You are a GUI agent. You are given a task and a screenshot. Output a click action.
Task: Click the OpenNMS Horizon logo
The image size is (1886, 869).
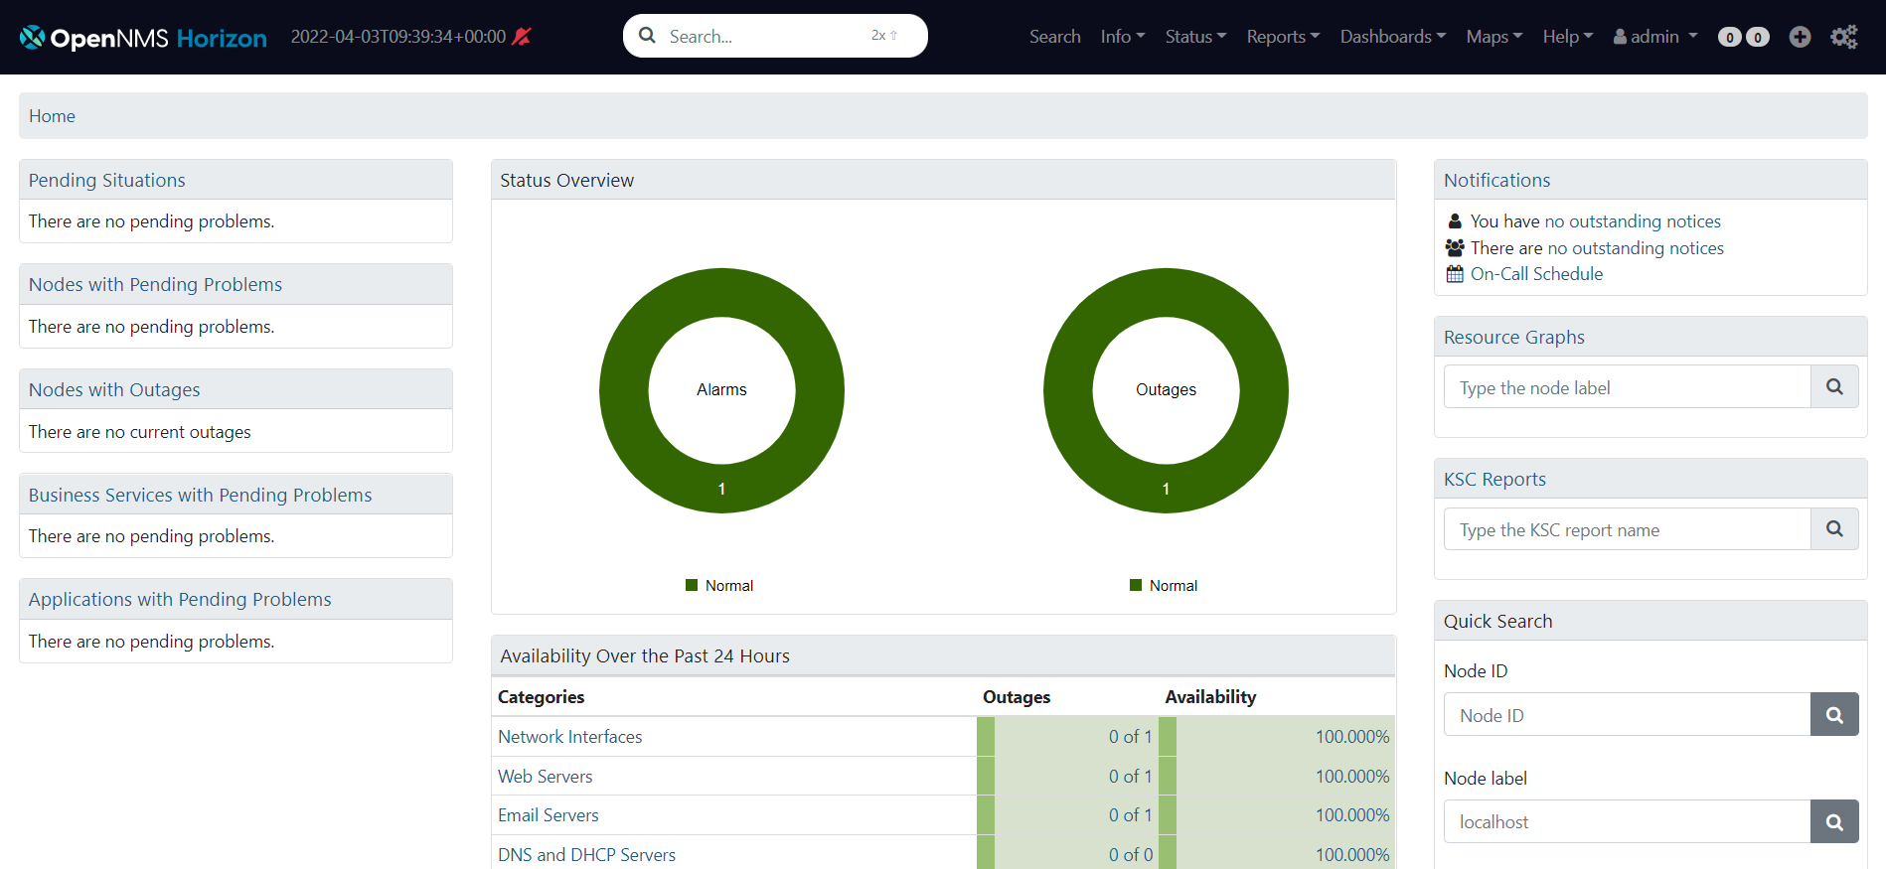pyautogui.click(x=143, y=38)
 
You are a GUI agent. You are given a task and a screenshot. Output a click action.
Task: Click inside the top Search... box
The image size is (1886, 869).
pyautogui.click(x=765, y=37)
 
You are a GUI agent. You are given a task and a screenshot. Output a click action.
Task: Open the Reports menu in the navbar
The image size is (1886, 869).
pyautogui.click(x=1282, y=37)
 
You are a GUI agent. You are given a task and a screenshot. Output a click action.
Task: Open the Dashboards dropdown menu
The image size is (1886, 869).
pyautogui.click(x=1392, y=37)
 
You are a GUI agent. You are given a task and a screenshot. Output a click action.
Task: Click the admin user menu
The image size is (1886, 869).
pyautogui.click(x=1654, y=37)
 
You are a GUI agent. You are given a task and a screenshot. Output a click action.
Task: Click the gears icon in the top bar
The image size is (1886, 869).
pyautogui.click(x=1843, y=37)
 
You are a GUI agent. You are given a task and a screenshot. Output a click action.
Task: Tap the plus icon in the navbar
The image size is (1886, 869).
pyautogui.click(x=1800, y=37)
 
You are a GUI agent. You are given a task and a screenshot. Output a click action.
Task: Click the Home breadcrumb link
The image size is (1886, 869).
pyautogui.click(x=52, y=116)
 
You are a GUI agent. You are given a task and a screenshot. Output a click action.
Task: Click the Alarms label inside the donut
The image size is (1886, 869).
pyautogui.click(x=721, y=390)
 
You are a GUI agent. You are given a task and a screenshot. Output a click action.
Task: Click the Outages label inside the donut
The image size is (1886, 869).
pyautogui.click(x=1166, y=390)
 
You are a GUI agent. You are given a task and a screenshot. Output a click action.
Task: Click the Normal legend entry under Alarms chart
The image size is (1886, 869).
pyautogui.click(x=728, y=586)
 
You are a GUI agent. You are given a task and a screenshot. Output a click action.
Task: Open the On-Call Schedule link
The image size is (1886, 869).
pyautogui.click(x=1536, y=274)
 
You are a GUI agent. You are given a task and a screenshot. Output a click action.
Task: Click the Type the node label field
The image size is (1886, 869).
pyautogui.click(x=1627, y=387)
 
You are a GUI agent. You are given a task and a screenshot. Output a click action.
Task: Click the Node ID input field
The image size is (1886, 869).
pyautogui.click(x=1627, y=715)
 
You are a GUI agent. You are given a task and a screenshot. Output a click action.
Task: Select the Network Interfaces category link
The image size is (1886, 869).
pyautogui.click(x=569, y=737)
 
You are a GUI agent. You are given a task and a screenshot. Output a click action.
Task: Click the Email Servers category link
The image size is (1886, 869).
pyautogui.click(x=548, y=815)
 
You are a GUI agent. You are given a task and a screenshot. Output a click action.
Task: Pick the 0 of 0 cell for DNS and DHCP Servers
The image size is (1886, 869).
pyautogui.click(x=1130, y=855)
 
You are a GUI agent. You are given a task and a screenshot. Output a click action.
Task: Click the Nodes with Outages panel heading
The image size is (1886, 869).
pyautogui.click(x=114, y=390)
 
